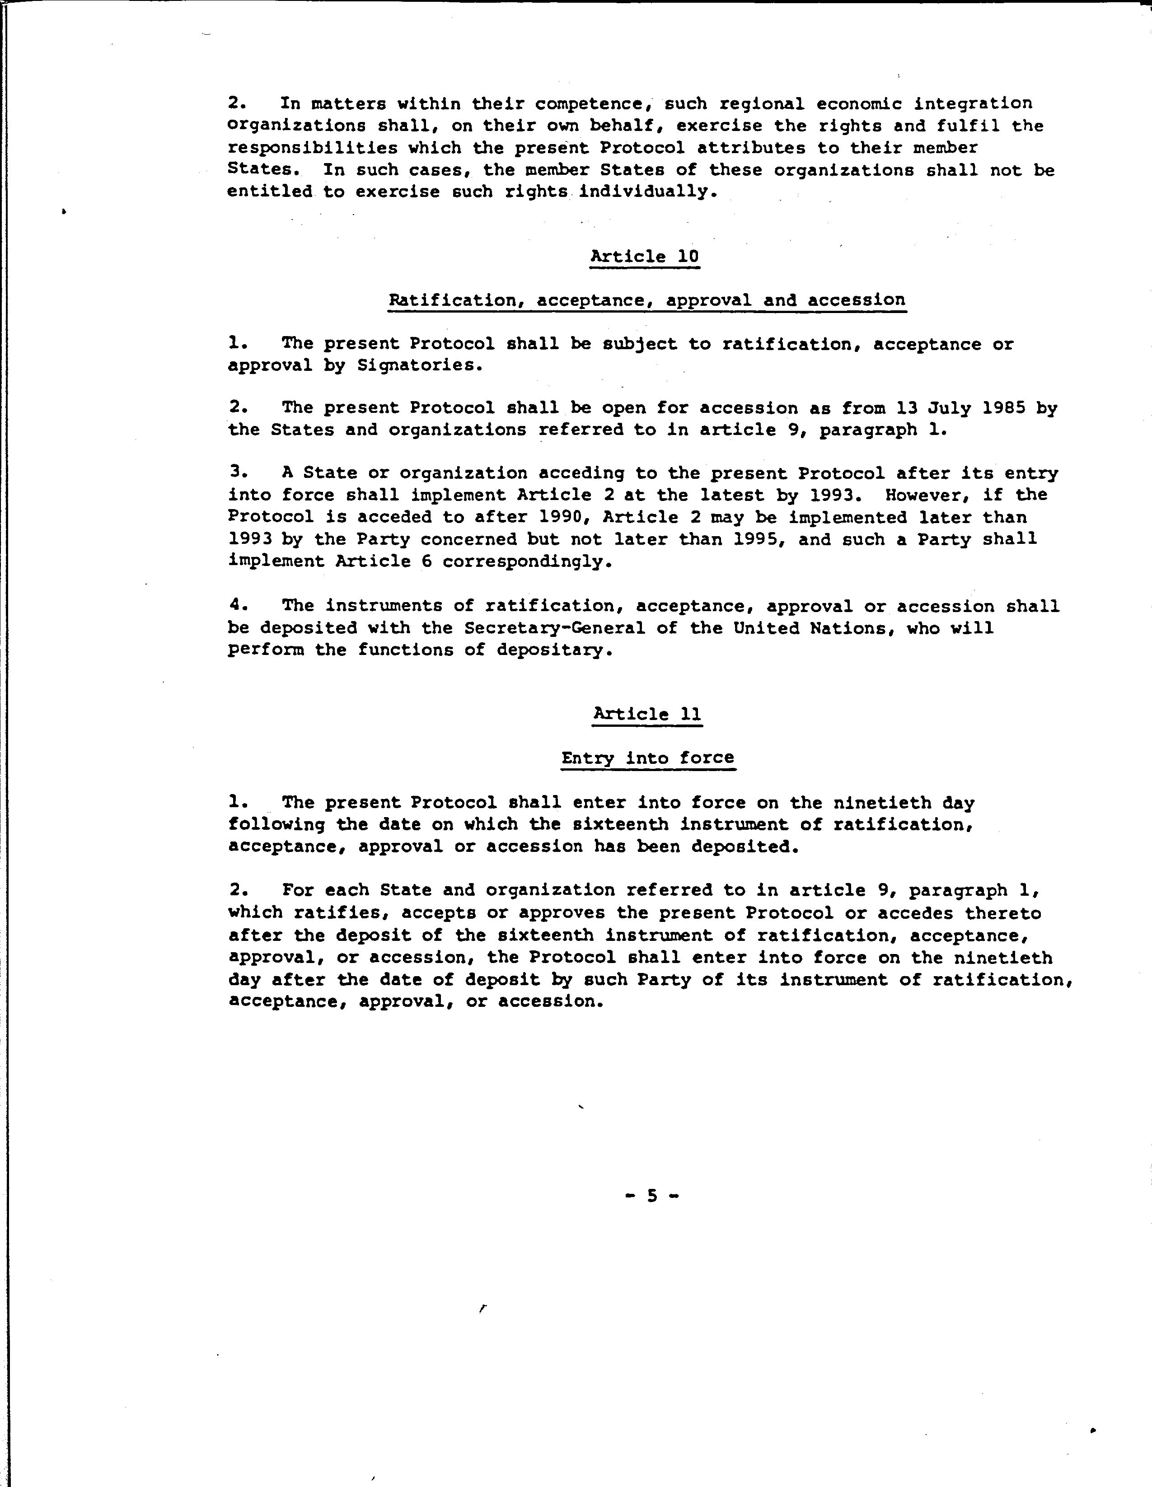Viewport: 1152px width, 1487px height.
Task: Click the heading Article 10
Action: click(644, 257)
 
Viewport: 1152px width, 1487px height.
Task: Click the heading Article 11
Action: click(647, 714)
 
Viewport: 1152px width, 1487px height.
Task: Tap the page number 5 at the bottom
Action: click(652, 1196)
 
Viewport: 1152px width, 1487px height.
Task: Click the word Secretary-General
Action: click(554, 628)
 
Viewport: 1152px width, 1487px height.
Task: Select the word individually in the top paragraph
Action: click(643, 192)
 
